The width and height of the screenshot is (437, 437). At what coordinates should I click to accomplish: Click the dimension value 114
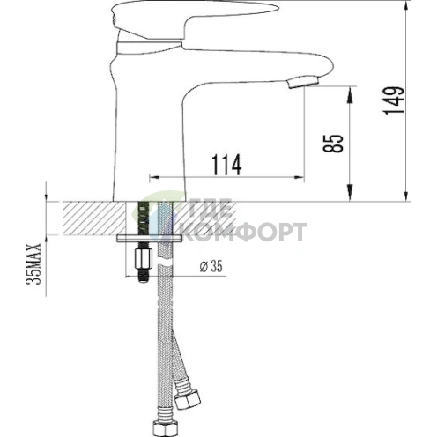[226, 163]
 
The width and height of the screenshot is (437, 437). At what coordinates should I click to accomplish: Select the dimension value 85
[334, 143]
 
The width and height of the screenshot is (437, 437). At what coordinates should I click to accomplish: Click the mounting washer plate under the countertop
[150, 238]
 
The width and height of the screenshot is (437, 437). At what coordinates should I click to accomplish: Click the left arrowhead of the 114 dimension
[152, 174]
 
